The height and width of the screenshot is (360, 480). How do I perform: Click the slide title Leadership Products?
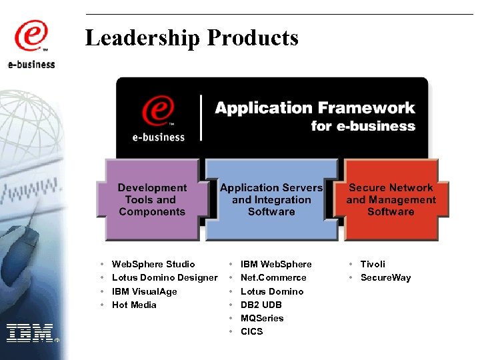(x=192, y=38)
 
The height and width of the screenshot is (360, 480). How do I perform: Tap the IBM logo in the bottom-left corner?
(x=30, y=332)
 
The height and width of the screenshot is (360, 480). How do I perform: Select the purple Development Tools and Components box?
(x=152, y=200)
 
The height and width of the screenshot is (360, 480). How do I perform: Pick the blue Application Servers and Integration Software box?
(x=271, y=200)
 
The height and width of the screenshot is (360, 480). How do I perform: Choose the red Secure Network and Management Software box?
(x=391, y=200)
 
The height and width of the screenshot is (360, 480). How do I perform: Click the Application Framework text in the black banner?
(x=315, y=108)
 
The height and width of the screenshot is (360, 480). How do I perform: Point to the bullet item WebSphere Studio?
(x=153, y=265)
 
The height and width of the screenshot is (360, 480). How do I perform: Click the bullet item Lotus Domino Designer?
(x=165, y=278)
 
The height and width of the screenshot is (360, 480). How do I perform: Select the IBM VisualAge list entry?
(x=145, y=291)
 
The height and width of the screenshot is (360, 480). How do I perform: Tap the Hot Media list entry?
(x=134, y=305)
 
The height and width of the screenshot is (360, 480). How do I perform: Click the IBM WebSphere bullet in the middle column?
(x=276, y=265)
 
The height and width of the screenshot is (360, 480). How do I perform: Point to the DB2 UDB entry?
(x=261, y=305)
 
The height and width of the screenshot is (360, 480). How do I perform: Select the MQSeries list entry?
(x=262, y=319)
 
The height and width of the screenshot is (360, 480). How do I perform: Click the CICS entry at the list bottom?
(x=252, y=332)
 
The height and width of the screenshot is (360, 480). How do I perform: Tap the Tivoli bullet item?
(x=373, y=265)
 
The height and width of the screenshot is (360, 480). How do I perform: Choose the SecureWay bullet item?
(x=385, y=278)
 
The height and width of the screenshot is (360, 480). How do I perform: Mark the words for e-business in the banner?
(x=363, y=126)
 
